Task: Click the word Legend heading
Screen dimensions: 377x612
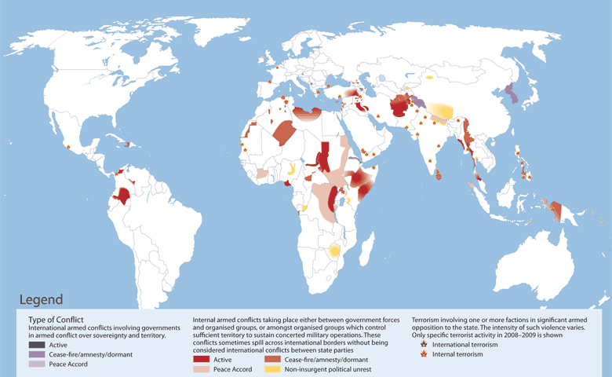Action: (x=41, y=299)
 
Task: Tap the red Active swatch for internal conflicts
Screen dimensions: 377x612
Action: (x=202, y=358)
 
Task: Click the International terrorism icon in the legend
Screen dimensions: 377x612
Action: (x=424, y=343)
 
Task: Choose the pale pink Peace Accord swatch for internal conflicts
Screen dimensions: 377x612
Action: (x=202, y=368)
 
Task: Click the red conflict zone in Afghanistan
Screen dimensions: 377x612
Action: (x=402, y=105)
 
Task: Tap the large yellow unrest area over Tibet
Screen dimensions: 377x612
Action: (x=444, y=111)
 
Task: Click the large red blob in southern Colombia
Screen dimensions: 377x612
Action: (x=121, y=196)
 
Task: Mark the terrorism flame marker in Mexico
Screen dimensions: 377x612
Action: (x=69, y=147)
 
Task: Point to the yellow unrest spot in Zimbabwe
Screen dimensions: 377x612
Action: (x=335, y=251)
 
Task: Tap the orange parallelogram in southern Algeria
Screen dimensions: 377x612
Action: (x=283, y=134)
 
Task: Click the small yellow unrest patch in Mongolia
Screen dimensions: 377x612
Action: (x=430, y=78)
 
